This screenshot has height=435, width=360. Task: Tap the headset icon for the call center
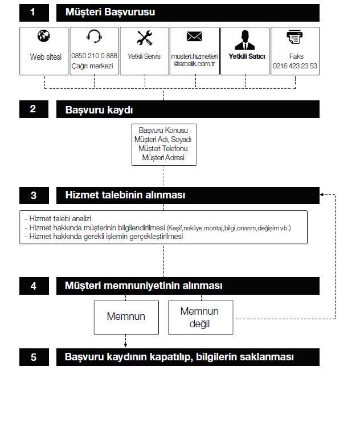tap(95, 37)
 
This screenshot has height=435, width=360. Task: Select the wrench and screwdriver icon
tap(145, 38)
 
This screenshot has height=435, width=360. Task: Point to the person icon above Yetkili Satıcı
tap(245, 39)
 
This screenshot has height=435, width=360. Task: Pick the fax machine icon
tap(295, 38)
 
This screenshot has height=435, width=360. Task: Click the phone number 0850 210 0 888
tap(95, 56)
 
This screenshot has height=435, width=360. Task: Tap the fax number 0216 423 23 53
tap(295, 66)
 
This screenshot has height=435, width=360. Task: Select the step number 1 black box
tap(34, 12)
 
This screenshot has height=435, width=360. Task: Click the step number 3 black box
tap(34, 195)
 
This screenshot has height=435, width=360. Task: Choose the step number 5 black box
tap(34, 357)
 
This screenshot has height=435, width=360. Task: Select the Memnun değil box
tap(201, 318)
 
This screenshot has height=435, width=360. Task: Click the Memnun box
tap(126, 317)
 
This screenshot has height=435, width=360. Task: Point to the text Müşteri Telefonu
tap(163, 148)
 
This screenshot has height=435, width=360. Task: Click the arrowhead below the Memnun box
tap(125, 344)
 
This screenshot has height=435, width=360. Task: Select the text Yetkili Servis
tap(145, 56)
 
